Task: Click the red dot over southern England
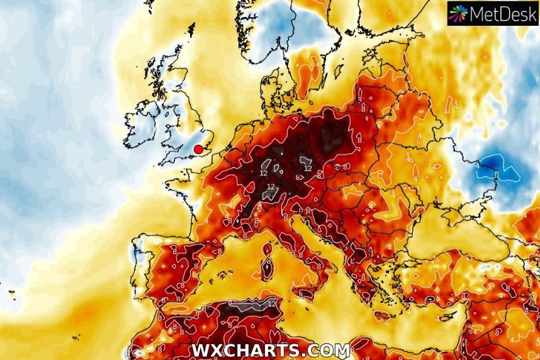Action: click(198, 149)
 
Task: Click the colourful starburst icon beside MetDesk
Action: click(459, 13)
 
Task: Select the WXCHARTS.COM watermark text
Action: click(270, 351)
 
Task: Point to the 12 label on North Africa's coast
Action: click(272, 303)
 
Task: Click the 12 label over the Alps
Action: click(271, 187)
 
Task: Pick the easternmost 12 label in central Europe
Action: click(308, 169)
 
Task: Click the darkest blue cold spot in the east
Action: click(497, 166)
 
